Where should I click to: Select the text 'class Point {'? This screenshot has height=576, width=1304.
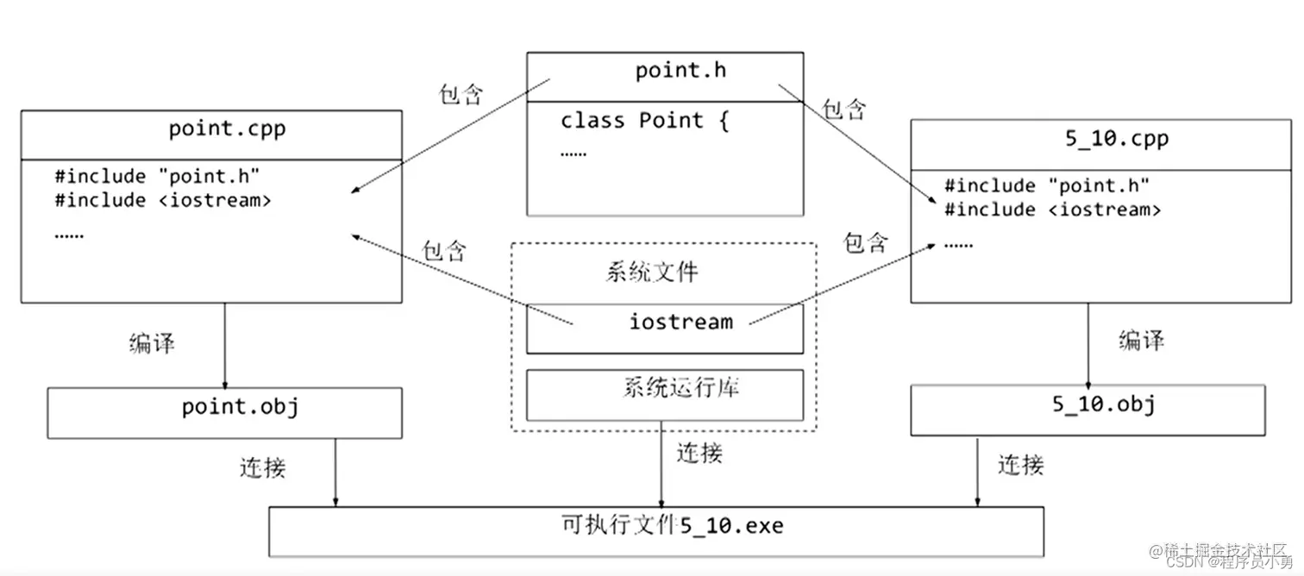[x=644, y=121]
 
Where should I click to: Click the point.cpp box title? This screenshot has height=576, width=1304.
[x=227, y=129]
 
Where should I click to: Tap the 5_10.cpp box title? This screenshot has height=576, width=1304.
[x=1116, y=140]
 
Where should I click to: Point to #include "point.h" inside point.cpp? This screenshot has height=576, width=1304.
[x=157, y=177]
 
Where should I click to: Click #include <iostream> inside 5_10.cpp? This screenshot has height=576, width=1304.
[x=1052, y=210]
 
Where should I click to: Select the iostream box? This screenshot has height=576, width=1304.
[x=664, y=328]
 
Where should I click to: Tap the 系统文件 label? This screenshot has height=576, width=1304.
[x=651, y=273]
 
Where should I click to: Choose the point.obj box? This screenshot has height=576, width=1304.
[x=224, y=412]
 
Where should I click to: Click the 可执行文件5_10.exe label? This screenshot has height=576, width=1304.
[x=672, y=525]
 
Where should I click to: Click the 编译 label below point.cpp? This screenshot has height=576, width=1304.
[x=152, y=343]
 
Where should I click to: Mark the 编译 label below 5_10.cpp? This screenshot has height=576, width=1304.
[x=1141, y=341]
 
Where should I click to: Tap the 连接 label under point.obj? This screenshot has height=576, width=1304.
[x=262, y=467]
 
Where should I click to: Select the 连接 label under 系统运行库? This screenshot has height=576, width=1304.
[x=699, y=453]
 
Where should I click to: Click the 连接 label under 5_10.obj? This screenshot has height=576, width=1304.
[x=1021, y=466]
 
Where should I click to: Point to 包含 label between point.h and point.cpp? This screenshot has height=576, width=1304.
[x=461, y=95]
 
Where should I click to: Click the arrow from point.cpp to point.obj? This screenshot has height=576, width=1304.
[x=225, y=345]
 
